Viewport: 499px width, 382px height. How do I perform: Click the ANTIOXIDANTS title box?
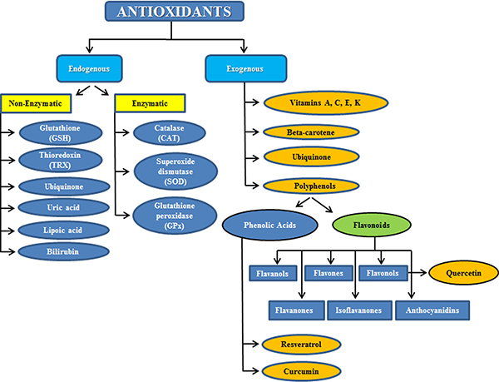point(174,12)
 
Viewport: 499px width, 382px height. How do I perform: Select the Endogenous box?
point(89,66)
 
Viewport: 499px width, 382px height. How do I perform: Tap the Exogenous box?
point(246,66)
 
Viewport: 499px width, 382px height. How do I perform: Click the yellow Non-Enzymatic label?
point(37,105)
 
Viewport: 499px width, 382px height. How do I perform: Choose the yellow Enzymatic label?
point(137,105)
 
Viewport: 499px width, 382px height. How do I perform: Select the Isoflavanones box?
point(355,310)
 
